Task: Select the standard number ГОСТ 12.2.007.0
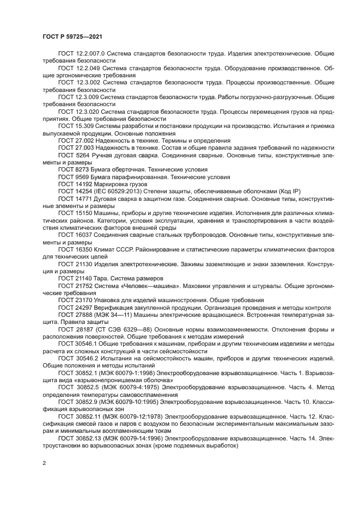[81, 53]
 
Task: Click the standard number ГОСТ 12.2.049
[78, 68]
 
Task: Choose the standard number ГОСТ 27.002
[76, 140]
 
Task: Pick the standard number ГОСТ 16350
[75, 249]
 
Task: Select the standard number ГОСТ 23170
[75, 300]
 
